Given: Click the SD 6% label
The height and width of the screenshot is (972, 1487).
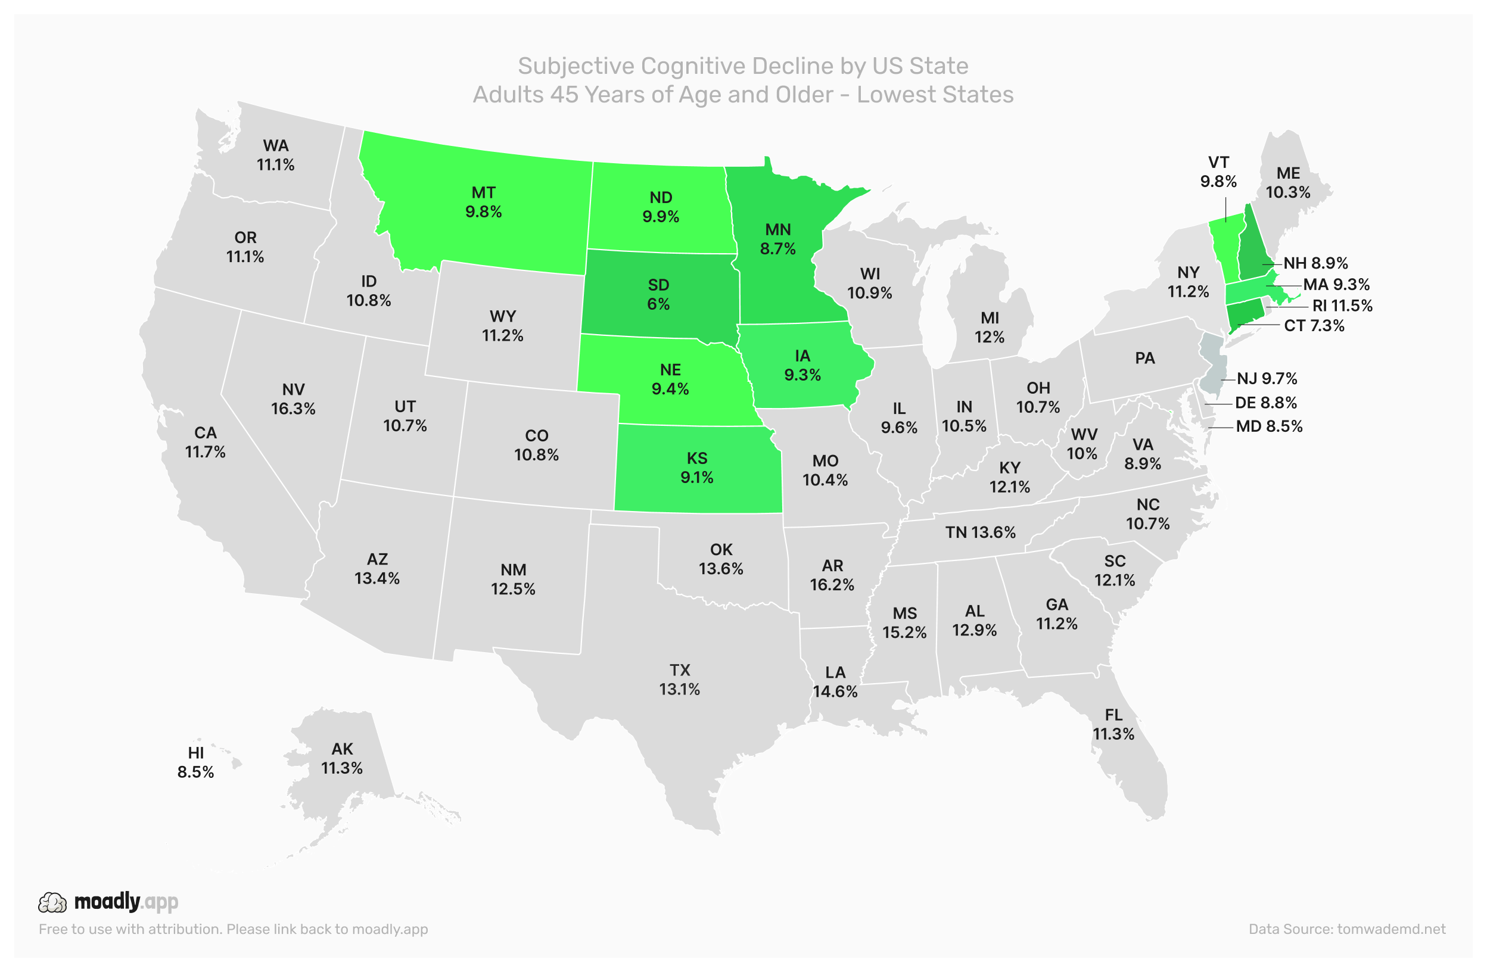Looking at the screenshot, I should pyautogui.click(x=658, y=294).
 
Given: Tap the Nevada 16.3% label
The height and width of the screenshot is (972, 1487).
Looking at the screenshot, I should pyautogui.click(x=293, y=399).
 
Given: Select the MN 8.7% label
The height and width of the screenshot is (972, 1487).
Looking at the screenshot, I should pyautogui.click(x=777, y=239).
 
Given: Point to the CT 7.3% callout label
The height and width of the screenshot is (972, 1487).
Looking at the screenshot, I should pyautogui.click(x=1313, y=325).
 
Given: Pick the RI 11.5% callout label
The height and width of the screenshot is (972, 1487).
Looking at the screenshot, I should pyautogui.click(x=1342, y=306).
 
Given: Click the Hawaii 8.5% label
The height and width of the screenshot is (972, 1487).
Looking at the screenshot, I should pyautogui.click(x=195, y=762).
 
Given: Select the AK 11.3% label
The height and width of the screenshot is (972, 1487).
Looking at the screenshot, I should pyautogui.click(x=342, y=758).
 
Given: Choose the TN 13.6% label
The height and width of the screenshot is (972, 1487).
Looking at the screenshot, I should pyautogui.click(x=979, y=532).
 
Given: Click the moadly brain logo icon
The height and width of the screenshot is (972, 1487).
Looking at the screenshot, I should pyautogui.click(x=52, y=903).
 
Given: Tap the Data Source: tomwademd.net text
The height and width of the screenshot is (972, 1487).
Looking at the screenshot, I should pyautogui.click(x=1346, y=929).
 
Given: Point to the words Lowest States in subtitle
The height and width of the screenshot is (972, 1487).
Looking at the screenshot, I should pyautogui.click(x=935, y=94).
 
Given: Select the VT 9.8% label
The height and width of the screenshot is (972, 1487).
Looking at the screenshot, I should pyautogui.click(x=1218, y=172).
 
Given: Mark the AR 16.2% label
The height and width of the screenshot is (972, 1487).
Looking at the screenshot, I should pyautogui.click(x=832, y=575).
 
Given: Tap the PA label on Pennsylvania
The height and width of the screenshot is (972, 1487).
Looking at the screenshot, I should pyautogui.click(x=1144, y=358).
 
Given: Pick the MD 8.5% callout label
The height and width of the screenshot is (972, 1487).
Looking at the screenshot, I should pyautogui.click(x=1269, y=426).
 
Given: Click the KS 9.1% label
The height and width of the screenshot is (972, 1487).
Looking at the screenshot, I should pyautogui.click(x=696, y=468).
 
